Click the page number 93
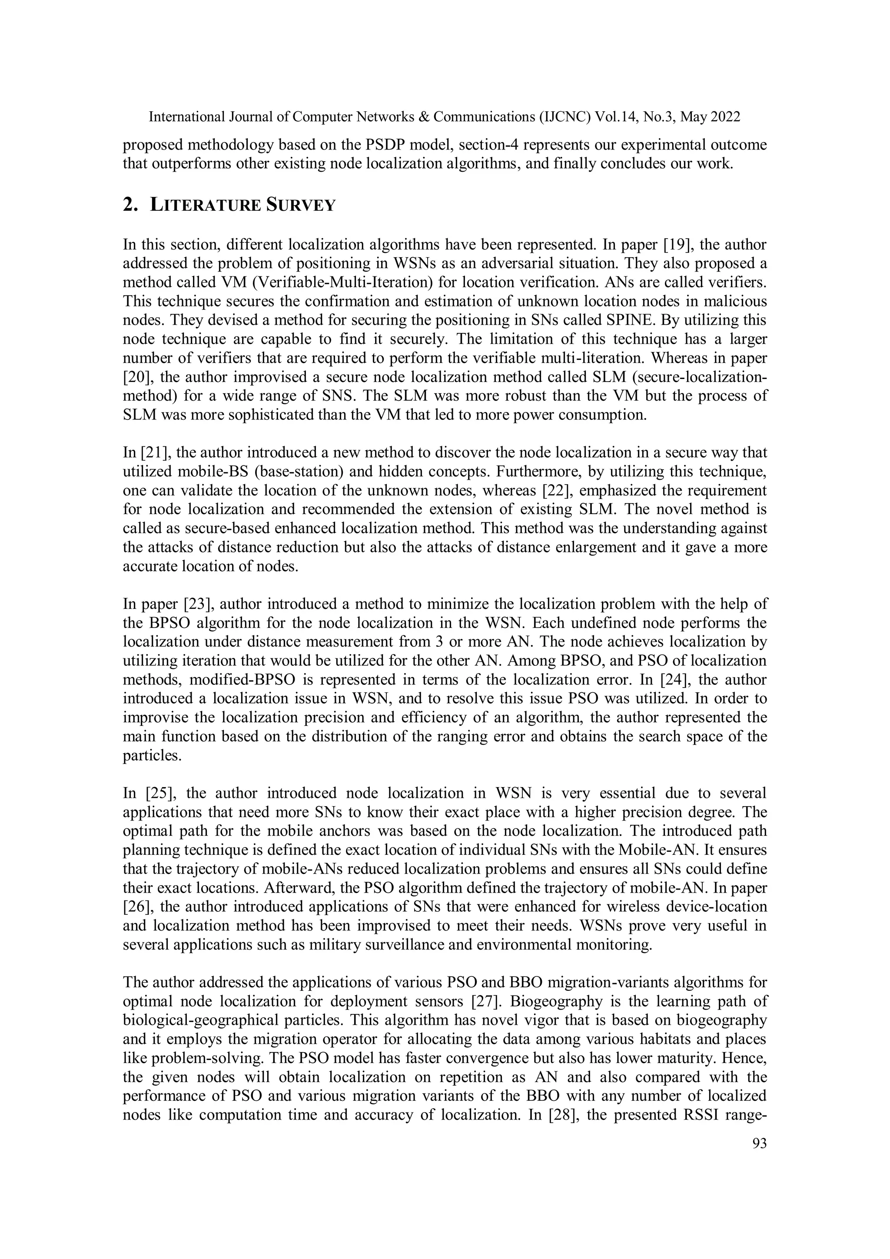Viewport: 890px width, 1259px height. click(x=760, y=1143)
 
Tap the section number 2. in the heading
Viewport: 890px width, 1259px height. click(x=130, y=205)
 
